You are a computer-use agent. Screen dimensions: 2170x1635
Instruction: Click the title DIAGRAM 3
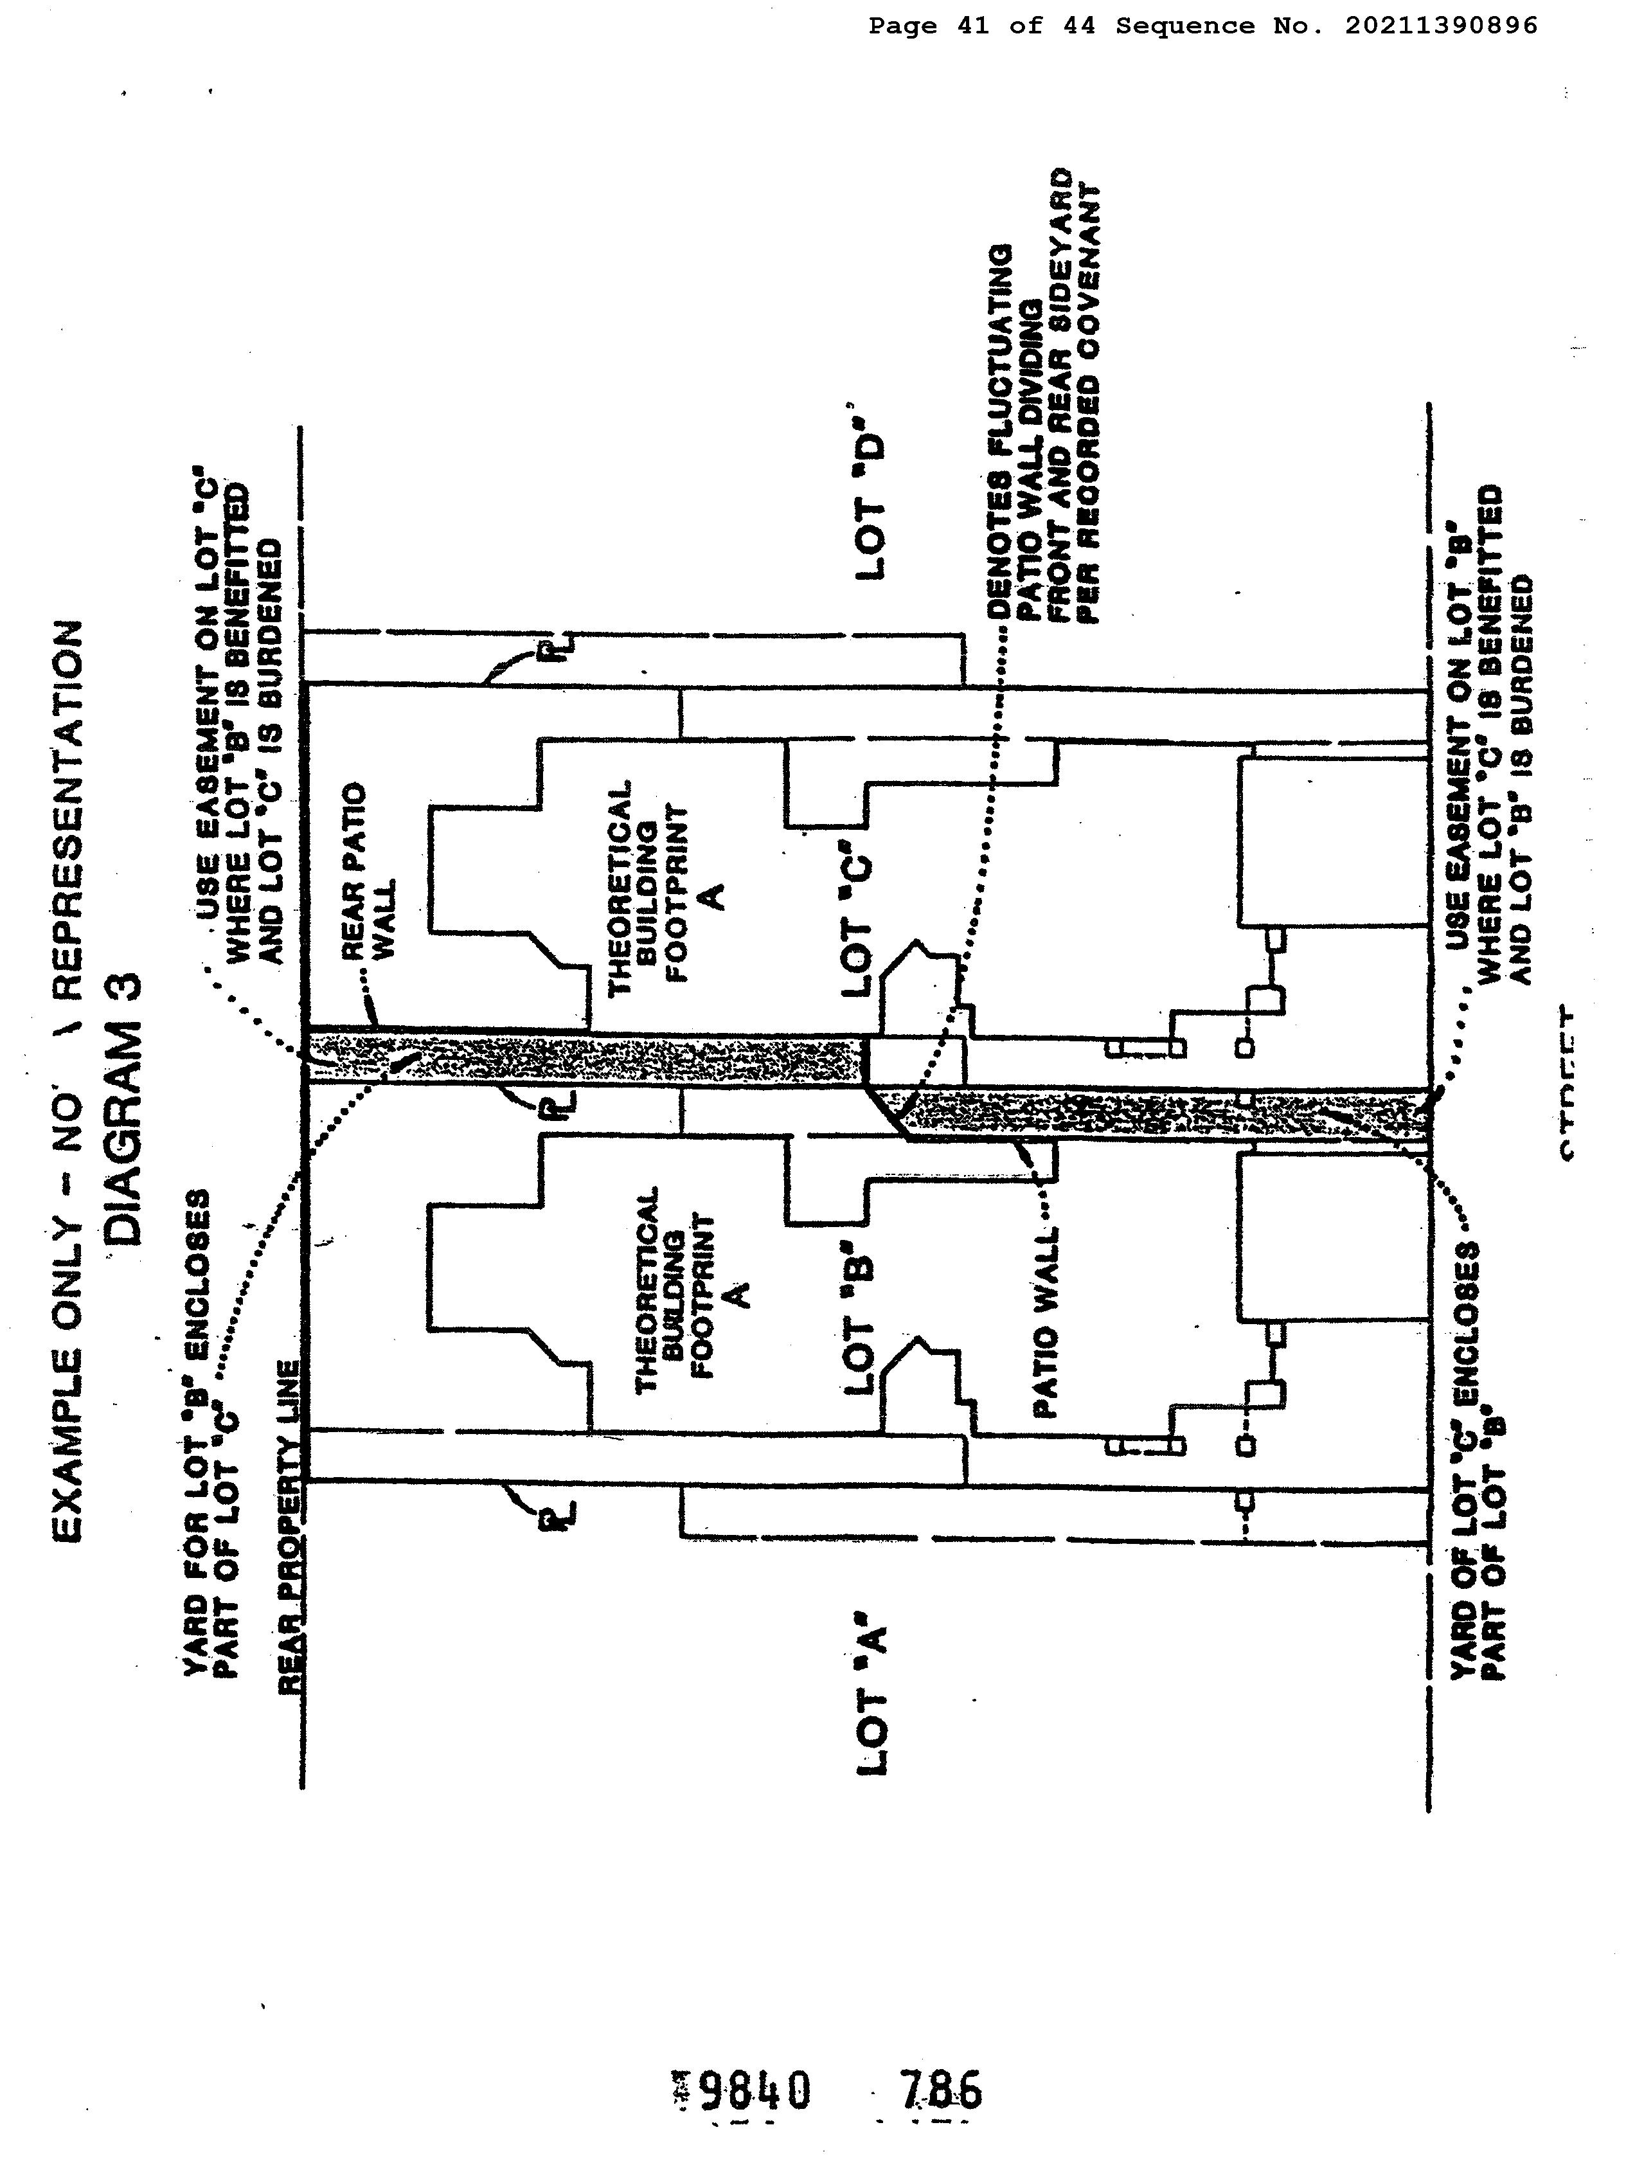point(127,1109)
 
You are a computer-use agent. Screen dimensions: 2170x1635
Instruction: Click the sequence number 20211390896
point(1440,26)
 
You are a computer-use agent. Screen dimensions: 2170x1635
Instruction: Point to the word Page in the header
point(902,26)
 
